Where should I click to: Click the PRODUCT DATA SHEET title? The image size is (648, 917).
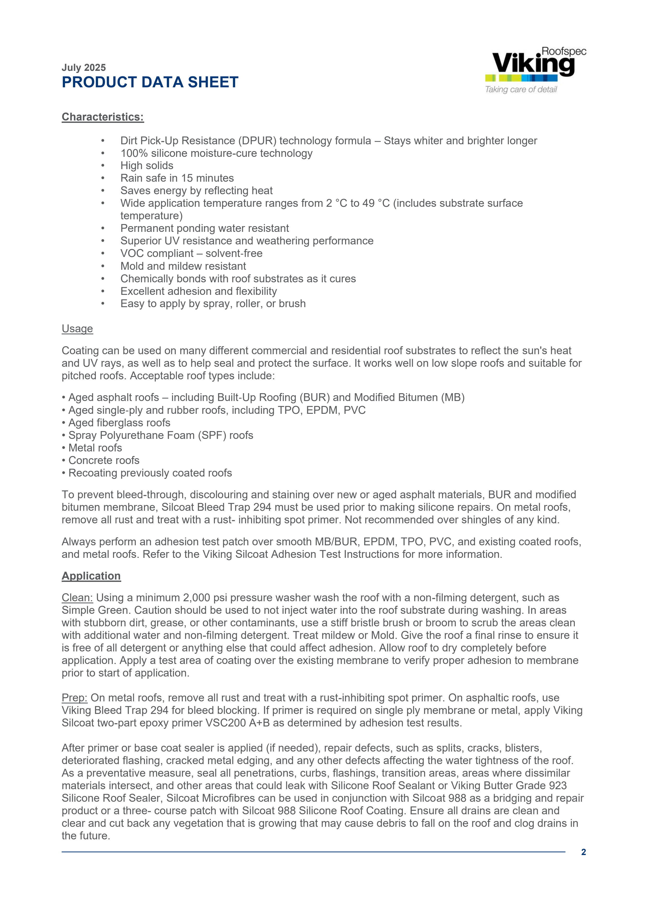[150, 82]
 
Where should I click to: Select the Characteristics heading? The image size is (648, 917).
[103, 117]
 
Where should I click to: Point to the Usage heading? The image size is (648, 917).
[77, 329]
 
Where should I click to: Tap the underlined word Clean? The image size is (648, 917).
[77, 598]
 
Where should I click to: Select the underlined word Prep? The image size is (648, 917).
[74, 698]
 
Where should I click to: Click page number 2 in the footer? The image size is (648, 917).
[583, 852]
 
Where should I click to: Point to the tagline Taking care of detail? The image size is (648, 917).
[521, 89]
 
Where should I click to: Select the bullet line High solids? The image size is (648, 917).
[147, 166]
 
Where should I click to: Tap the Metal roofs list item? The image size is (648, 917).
[95, 448]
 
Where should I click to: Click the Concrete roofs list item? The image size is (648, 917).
[104, 461]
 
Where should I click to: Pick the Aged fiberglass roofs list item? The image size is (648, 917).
[119, 423]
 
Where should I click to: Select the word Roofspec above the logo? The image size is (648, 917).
[564, 51]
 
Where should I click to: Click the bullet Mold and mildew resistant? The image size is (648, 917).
[183, 266]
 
